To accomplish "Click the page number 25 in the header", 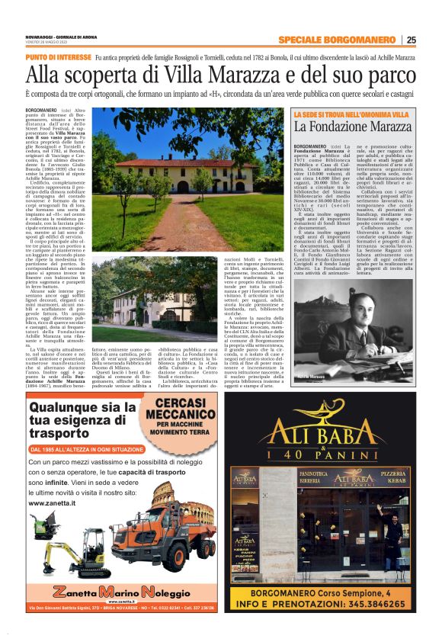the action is tap(412, 40).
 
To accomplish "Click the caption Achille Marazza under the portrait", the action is tap(311, 377).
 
